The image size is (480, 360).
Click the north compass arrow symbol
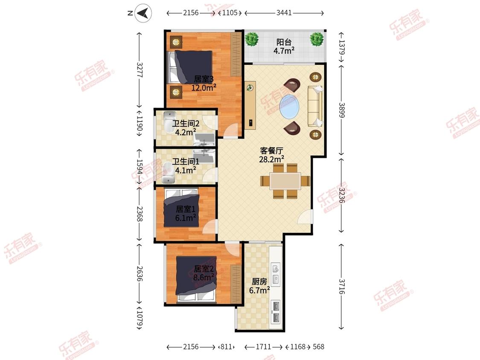143,13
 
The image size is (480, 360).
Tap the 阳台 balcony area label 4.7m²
284,46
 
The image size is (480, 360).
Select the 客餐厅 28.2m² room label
271,155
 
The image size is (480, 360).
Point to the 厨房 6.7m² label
259,286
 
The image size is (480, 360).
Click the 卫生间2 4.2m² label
186,128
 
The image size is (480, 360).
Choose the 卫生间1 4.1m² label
186,165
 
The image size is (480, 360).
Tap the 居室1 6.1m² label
186,213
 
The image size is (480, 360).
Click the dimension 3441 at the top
284,13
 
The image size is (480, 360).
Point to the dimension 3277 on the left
139,70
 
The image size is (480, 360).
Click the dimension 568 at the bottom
318,347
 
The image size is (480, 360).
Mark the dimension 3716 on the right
342,287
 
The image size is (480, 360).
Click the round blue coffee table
289,106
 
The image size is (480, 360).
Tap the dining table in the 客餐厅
285,181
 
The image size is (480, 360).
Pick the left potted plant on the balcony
252,39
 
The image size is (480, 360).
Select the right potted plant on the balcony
317,39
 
